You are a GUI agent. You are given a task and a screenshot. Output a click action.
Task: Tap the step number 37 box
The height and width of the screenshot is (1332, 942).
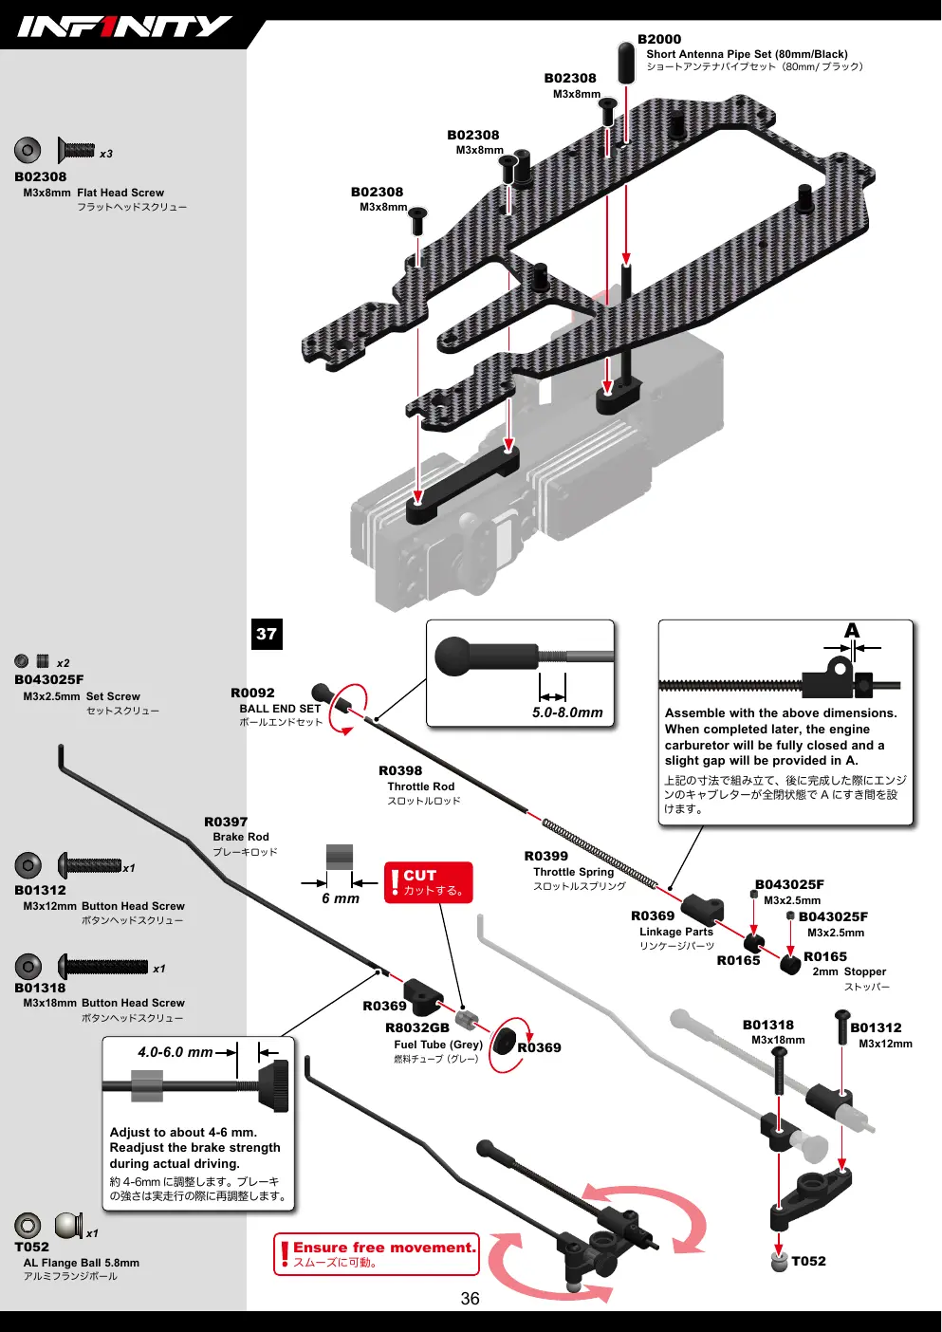(267, 634)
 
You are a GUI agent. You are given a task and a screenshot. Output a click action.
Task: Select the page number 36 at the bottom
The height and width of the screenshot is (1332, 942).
(470, 1298)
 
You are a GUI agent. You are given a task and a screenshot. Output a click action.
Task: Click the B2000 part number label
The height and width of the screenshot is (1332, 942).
(659, 39)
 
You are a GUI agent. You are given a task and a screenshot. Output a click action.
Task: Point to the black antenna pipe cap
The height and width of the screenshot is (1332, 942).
(625, 63)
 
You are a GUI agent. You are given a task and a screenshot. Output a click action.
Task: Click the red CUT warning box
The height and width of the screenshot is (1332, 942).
(428, 882)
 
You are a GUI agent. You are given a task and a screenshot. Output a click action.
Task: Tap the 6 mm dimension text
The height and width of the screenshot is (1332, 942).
(341, 897)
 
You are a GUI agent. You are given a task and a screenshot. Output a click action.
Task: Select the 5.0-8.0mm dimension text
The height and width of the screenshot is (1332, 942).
(567, 712)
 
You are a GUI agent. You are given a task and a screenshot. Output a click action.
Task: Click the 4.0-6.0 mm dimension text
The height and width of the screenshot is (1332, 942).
(175, 1052)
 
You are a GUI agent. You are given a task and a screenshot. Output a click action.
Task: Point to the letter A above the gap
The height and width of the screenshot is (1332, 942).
(852, 630)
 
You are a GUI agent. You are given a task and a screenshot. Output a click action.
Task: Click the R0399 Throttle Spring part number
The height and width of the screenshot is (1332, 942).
(545, 856)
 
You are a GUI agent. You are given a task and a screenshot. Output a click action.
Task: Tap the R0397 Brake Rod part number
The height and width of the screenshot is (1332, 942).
(226, 822)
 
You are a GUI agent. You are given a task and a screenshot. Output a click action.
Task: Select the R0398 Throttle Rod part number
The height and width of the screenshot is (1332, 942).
(400, 770)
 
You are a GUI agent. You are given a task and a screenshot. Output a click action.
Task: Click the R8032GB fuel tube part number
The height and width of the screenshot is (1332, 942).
(416, 1027)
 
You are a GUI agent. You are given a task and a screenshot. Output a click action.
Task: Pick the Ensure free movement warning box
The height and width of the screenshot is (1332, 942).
(377, 1254)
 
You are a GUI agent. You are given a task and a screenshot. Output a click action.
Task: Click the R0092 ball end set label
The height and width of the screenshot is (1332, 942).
(252, 693)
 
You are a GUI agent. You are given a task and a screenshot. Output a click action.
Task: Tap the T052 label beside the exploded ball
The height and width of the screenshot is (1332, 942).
(808, 1261)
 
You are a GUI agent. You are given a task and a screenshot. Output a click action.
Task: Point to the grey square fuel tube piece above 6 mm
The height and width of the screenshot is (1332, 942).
(340, 858)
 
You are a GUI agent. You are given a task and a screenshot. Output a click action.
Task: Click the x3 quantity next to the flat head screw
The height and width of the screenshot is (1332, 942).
(106, 154)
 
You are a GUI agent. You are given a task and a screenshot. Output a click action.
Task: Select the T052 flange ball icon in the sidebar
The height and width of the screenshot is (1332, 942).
(69, 1226)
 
